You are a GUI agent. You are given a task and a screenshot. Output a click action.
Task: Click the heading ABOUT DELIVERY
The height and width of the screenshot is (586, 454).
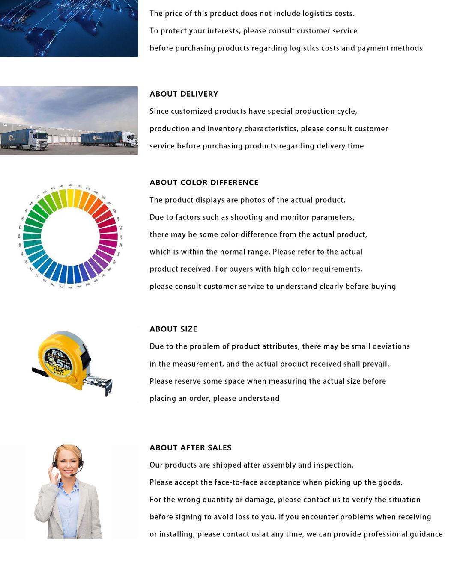click(x=184, y=94)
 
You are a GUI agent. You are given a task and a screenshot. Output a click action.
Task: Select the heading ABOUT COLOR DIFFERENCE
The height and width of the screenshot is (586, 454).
click(x=204, y=183)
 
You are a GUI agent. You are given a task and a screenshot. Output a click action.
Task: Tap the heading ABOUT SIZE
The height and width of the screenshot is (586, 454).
click(x=173, y=329)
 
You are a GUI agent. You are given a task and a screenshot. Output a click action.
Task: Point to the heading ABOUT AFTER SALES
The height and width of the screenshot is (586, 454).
click(x=191, y=448)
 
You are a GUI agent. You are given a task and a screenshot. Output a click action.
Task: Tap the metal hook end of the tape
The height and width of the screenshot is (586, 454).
click(x=108, y=387)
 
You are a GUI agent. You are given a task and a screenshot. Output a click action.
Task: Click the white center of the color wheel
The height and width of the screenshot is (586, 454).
click(x=70, y=237)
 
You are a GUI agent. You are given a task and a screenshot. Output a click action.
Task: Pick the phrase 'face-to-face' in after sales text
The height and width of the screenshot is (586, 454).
click(x=236, y=482)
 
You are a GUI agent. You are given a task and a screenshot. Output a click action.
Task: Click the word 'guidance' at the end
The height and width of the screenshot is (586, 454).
click(x=427, y=534)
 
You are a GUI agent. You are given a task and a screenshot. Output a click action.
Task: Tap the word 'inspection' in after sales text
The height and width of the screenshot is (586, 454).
click(x=333, y=465)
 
